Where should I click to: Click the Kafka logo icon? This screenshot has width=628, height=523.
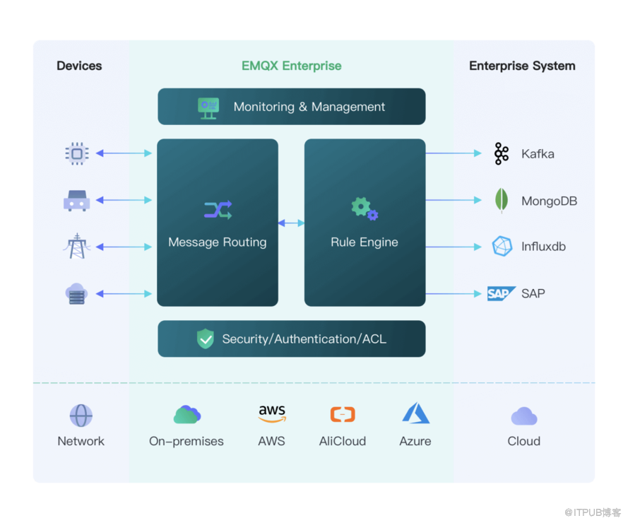click(502, 153)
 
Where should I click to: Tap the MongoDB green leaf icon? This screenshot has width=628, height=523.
click(502, 201)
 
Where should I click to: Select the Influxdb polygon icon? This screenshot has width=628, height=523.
click(502, 247)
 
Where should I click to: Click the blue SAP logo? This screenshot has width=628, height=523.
click(501, 293)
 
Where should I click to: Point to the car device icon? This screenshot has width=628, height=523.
click(76, 201)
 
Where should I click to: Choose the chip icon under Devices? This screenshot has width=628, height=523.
click(76, 153)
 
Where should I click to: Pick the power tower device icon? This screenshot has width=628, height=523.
click(76, 247)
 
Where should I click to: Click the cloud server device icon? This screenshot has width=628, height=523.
click(76, 293)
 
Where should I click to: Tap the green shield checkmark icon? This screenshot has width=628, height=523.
click(206, 339)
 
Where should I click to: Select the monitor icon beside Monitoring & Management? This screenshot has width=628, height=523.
click(208, 107)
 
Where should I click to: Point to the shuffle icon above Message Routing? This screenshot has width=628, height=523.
click(218, 210)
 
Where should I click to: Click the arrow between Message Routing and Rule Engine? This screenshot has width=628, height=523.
click(291, 223)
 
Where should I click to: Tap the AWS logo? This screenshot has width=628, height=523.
click(272, 414)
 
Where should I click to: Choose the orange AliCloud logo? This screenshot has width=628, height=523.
click(343, 415)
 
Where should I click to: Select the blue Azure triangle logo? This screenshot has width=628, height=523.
click(415, 414)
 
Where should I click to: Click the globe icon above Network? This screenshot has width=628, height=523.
click(81, 416)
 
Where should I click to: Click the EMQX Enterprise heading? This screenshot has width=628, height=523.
click(291, 66)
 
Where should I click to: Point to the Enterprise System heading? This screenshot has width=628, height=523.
click(522, 66)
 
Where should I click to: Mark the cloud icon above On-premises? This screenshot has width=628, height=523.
click(187, 415)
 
